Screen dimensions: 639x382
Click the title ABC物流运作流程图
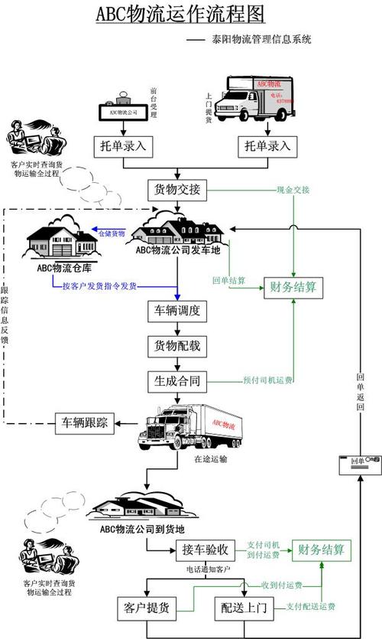pyautogui.click(x=181, y=14)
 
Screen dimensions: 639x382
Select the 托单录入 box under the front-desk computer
pyautogui.click(x=123, y=145)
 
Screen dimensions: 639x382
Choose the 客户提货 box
pyautogui.click(x=146, y=609)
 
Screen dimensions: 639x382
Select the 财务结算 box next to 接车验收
pyautogui.click(x=321, y=549)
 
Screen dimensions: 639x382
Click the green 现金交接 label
pyautogui.click(x=293, y=190)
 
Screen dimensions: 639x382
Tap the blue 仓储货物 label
pyautogui.click(x=111, y=233)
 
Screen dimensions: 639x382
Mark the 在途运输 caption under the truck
pyautogui.click(x=209, y=459)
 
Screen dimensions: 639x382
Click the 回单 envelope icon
pyautogui.click(x=359, y=461)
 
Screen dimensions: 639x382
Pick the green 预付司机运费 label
pyautogui.click(x=267, y=380)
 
